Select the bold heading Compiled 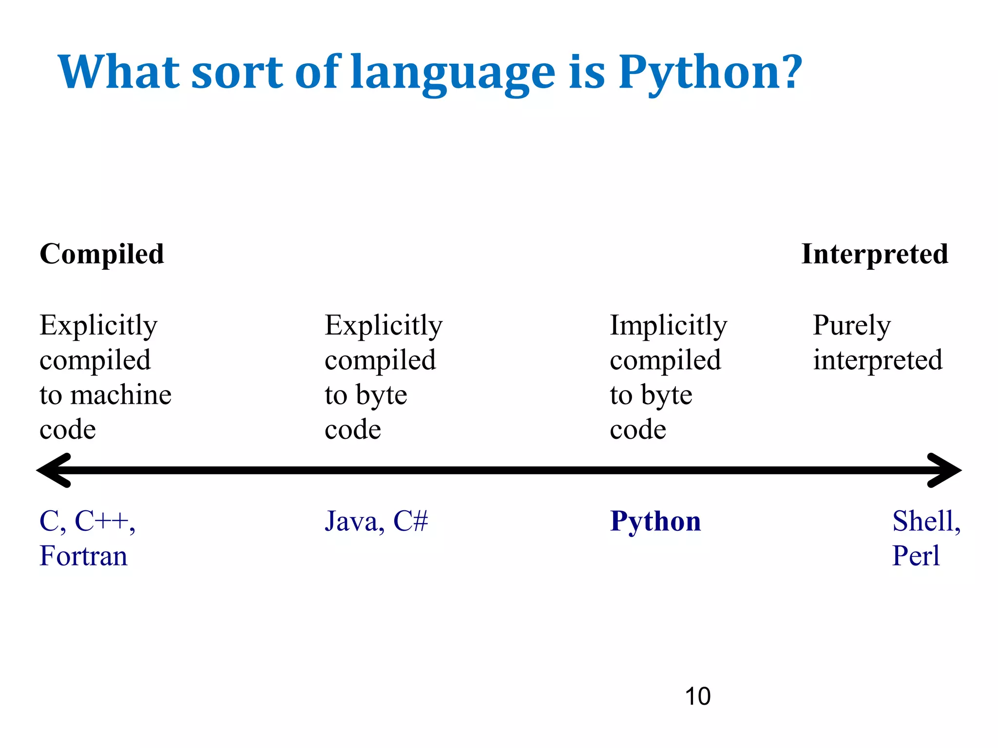point(102,254)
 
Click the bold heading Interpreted point(875,254)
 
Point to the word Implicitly point(668,325)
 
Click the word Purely point(851,325)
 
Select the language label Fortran point(83,556)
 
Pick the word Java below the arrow point(351,522)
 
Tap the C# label point(410,522)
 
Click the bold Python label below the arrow point(655,522)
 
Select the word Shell point(924,522)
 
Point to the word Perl point(916,556)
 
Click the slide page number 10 point(697,696)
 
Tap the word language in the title point(453,73)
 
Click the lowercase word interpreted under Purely point(878,360)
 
